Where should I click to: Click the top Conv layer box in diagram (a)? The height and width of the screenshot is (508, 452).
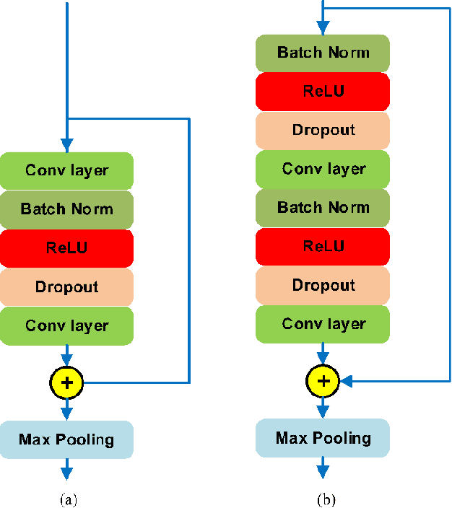tap(67, 171)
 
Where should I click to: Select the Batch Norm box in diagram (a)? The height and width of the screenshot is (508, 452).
tap(67, 209)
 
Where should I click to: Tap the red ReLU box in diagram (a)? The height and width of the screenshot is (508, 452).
tap(67, 248)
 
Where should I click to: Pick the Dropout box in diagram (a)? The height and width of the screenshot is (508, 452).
tap(67, 287)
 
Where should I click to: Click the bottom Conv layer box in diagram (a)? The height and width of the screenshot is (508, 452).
tap(67, 325)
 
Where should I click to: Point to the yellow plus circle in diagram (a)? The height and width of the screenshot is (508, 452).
tap(67, 382)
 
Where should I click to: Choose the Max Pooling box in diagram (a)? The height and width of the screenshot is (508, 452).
tap(67, 439)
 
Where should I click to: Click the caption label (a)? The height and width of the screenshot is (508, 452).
tap(67, 499)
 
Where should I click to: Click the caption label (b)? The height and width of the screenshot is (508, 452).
tap(323, 499)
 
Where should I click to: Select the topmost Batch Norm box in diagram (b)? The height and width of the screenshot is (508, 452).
tap(323, 53)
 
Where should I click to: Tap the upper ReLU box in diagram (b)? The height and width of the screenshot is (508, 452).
tap(323, 92)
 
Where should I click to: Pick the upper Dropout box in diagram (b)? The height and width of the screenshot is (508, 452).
tap(323, 131)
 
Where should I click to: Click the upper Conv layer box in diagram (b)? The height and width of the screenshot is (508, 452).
tap(323, 169)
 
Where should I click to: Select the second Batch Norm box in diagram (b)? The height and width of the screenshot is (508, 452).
tap(323, 208)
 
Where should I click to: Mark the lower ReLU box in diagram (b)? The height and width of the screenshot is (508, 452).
tap(323, 247)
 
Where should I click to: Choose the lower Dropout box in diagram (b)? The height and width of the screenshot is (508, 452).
tap(323, 285)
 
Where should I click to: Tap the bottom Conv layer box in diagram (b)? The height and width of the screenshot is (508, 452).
tap(323, 324)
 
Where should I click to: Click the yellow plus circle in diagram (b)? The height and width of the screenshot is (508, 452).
tap(323, 381)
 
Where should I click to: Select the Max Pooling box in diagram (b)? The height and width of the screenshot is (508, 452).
tap(323, 438)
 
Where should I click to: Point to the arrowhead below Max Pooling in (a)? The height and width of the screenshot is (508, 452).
tap(67, 473)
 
